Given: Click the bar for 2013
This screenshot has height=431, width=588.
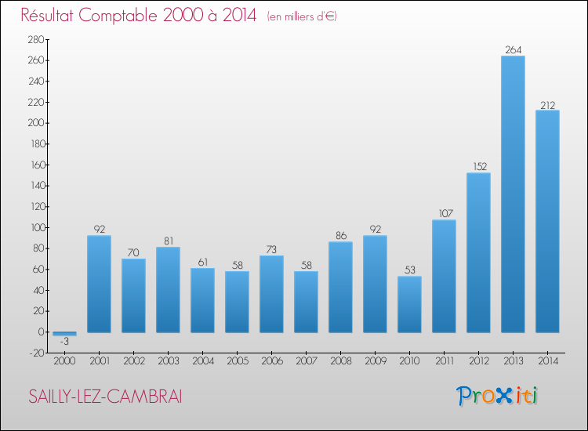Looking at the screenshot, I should (513, 194).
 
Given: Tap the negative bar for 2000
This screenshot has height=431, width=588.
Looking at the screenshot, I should (64, 334).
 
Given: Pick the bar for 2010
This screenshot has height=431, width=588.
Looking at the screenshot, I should (409, 304).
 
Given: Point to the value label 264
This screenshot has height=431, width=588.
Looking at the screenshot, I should (513, 49).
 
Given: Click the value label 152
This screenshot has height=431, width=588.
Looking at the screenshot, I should (478, 166).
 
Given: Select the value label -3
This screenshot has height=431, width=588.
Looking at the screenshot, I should (64, 342).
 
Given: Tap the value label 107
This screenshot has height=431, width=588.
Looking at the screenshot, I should (444, 213).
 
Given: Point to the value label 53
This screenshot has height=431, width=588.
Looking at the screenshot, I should (409, 270).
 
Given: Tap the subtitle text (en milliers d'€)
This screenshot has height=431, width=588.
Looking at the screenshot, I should (301, 16).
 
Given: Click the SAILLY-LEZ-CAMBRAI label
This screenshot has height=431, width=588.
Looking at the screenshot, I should (104, 397).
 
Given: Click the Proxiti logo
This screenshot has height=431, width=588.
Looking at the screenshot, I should (497, 396).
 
